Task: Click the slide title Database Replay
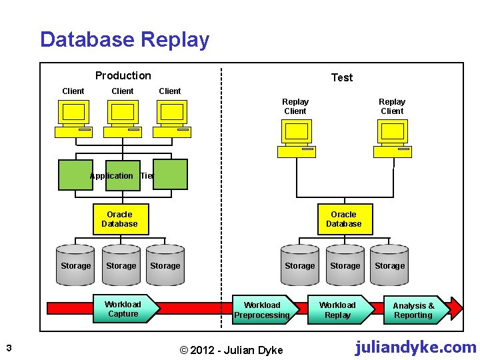[125, 40]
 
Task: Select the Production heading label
[123, 76]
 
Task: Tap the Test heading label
[342, 77]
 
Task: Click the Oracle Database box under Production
[119, 219]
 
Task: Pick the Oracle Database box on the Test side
[343, 219]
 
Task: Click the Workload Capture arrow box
[125, 309]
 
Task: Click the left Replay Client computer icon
[295, 139]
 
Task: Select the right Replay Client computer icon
[392, 139]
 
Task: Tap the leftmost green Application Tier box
[75, 175]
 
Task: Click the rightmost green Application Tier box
[171, 175]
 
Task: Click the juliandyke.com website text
[415, 347]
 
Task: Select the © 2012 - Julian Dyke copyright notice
[233, 350]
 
